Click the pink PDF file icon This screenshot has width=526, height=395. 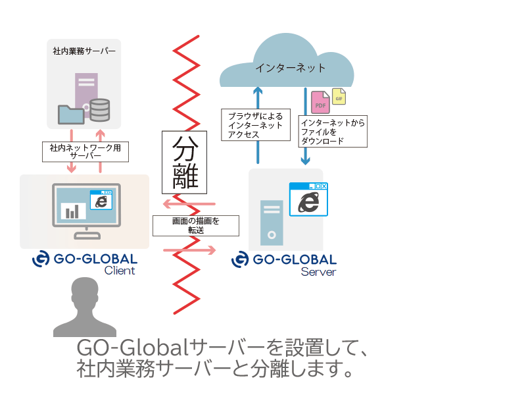coord(320,102)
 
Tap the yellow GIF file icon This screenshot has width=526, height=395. coord(339,96)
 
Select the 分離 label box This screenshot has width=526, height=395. coord(185,162)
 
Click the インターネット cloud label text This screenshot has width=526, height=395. coord(291,68)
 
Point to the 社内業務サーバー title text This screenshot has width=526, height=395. coord(84,51)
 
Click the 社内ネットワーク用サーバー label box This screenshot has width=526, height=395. coord(85,152)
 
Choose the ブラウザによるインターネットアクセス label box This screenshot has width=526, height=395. coord(256,125)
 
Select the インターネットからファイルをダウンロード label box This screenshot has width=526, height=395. coord(333,131)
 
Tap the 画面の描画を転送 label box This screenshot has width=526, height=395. coord(196,226)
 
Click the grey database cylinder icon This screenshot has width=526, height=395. coord(100,110)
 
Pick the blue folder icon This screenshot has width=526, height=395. coord(71,115)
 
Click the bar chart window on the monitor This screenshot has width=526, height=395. coord(72,211)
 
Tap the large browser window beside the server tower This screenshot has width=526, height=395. coord(308,199)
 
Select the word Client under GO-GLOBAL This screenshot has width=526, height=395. coord(120,271)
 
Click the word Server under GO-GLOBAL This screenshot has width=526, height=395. coord(318,272)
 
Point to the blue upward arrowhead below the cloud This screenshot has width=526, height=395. coord(258,91)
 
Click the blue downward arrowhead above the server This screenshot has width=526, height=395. coord(305,161)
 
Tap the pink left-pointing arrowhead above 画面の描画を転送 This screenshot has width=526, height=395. coord(167,204)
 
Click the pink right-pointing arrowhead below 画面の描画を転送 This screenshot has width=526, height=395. coord(212,250)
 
